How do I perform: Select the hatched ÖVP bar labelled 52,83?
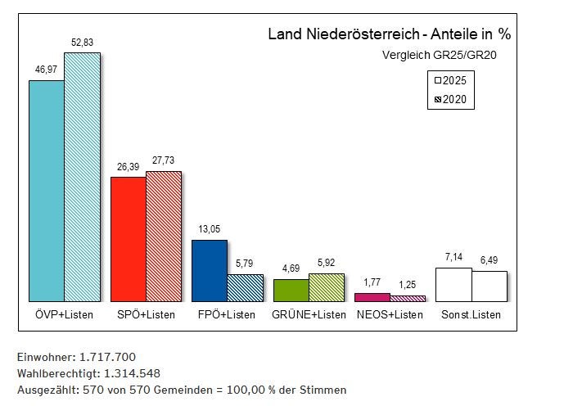(x=82, y=177)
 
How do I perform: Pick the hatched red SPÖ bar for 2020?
(x=163, y=237)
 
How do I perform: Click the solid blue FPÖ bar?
(x=209, y=270)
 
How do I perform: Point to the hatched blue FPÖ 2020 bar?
(x=245, y=287)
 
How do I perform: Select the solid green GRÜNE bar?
(x=291, y=290)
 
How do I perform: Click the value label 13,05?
(x=209, y=230)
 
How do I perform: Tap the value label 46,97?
(x=46, y=71)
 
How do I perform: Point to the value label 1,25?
(x=407, y=285)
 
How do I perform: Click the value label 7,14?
(x=453, y=257)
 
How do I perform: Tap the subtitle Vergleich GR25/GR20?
(x=440, y=56)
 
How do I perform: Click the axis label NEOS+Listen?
(x=390, y=315)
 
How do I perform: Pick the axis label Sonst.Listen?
(x=471, y=315)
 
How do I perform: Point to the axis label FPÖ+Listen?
(x=227, y=315)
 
